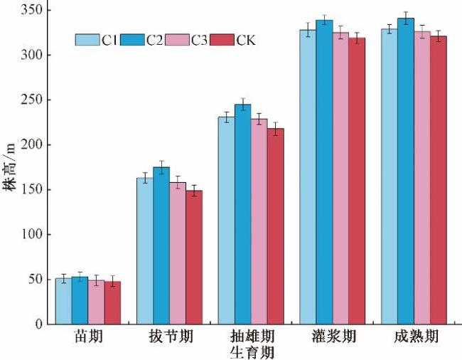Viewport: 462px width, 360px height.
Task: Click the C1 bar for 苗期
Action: (63, 301)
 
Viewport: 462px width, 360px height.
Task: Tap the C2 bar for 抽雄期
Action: (243, 214)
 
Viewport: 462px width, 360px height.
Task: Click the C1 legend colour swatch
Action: (87, 40)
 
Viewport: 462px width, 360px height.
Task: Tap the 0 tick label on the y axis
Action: (38, 324)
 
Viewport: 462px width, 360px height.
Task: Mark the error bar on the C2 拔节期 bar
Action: (161, 167)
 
